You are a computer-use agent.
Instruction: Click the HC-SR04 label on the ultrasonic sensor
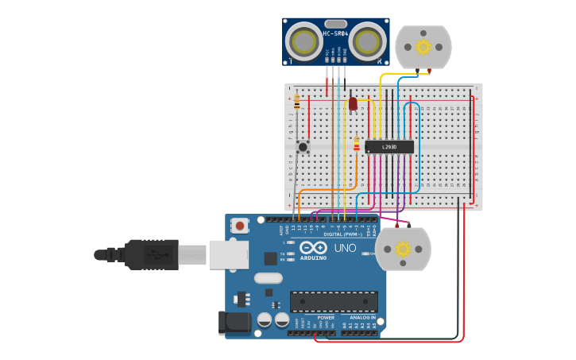click(335, 33)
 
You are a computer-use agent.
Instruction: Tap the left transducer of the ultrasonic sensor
click(303, 41)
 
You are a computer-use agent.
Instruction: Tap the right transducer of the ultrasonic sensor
click(368, 41)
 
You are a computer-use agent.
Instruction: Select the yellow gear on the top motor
click(423, 47)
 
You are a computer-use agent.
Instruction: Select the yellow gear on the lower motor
click(403, 249)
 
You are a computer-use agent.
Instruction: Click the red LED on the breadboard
click(353, 103)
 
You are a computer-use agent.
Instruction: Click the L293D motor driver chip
click(389, 147)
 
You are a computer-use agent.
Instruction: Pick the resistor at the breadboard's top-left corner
click(297, 103)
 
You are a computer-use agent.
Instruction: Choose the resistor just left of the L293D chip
click(357, 144)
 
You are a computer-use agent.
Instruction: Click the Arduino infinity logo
click(312, 248)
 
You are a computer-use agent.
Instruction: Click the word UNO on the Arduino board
click(346, 248)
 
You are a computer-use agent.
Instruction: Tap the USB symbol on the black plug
click(157, 255)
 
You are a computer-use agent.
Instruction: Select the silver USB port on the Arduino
click(228, 254)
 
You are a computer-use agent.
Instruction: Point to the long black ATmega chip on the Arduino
click(334, 302)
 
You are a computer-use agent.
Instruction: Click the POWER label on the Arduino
click(326, 317)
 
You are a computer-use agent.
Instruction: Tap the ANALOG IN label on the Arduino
click(362, 317)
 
